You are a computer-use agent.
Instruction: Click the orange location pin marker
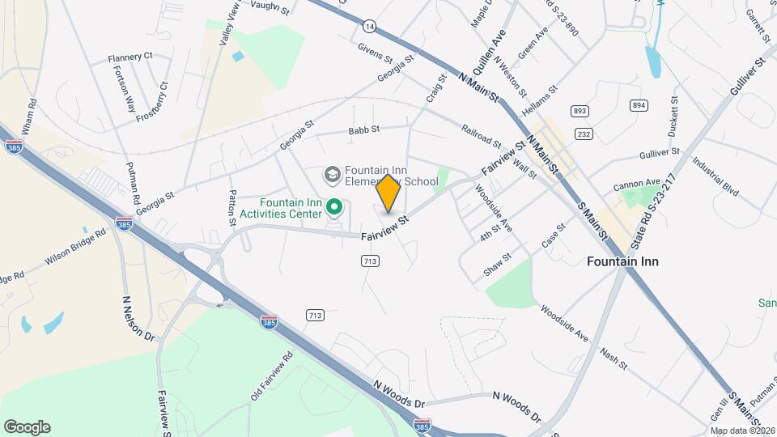(x=388, y=193)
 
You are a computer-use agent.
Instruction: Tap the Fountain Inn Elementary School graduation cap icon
(x=332, y=175)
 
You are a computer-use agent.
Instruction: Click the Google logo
(x=27, y=427)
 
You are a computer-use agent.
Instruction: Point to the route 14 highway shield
(x=369, y=27)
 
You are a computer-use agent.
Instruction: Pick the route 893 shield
(x=579, y=111)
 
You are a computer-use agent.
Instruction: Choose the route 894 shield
(x=639, y=105)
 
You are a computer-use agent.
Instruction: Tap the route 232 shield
(x=583, y=133)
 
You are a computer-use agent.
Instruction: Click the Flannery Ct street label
(x=130, y=57)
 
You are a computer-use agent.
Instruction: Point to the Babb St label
(x=363, y=130)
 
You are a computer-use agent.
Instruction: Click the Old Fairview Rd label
(x=271, y=375)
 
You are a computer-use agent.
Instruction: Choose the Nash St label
(x=614, y=359)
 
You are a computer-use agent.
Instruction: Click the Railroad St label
(x=481, y=134)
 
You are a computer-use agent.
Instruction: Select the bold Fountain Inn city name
(x=622, y=261)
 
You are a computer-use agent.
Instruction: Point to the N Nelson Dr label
(x=138, y=319)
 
